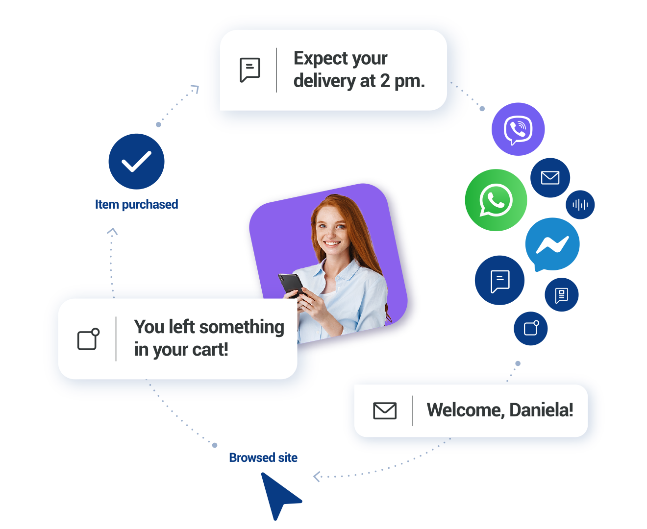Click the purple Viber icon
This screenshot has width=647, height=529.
[x=518, y=129]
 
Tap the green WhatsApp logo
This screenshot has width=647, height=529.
[x=496, y=200]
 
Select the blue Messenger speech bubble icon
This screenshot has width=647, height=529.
[x=552, y=244]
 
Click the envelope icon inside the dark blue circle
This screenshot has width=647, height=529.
[x=550, y=177]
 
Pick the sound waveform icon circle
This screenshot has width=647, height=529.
[x=580, y=204]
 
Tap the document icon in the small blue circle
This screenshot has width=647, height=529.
[x=562, y=295]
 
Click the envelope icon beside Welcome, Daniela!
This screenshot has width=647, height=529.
[x=385, y=410]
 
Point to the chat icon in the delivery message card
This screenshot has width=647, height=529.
[x=250, y=70]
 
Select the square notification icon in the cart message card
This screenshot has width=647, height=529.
[x=89, y=339]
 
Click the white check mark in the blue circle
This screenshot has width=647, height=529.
[x=136, y=162]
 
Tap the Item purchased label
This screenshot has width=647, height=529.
[x=136, y=204]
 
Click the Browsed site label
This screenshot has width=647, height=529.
[x=263, y=457]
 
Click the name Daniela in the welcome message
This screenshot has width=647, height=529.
[x=541, y=410]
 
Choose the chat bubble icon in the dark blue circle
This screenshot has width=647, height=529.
[x=500, y=281]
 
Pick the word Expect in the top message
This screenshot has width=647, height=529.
[x=321, y=58]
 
